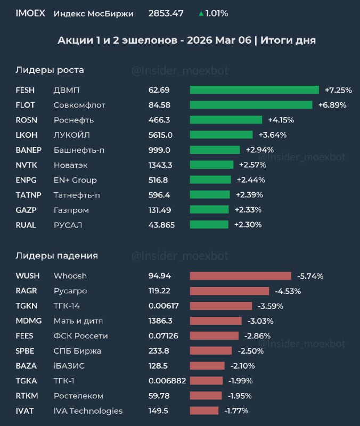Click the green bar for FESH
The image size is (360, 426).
tap(254, 90)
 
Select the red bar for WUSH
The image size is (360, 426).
tap(240, 276)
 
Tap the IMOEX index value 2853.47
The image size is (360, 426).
tap(166, 13)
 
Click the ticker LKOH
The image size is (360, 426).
tap(27, 135)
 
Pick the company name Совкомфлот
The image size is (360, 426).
tap(79, 105)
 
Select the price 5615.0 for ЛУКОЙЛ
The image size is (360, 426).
tap(160, 135)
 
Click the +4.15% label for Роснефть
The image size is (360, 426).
tap(281, 120)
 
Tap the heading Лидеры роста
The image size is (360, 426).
tap(50, 70)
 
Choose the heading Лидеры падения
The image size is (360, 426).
tap(56, 256)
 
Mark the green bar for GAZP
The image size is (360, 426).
tap(209, 210)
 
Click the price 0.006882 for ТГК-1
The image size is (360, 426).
tap(168, 381)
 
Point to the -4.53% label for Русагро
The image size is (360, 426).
tap(288, 291)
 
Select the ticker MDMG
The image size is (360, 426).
tap(28, 321)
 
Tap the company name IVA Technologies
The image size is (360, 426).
tap(88, 411)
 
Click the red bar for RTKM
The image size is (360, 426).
tap(206, 396)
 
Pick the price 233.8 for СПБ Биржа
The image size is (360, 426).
tap(159, 351)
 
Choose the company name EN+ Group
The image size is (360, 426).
tap(75, 180)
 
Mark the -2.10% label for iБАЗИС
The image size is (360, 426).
tap(242, 366)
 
